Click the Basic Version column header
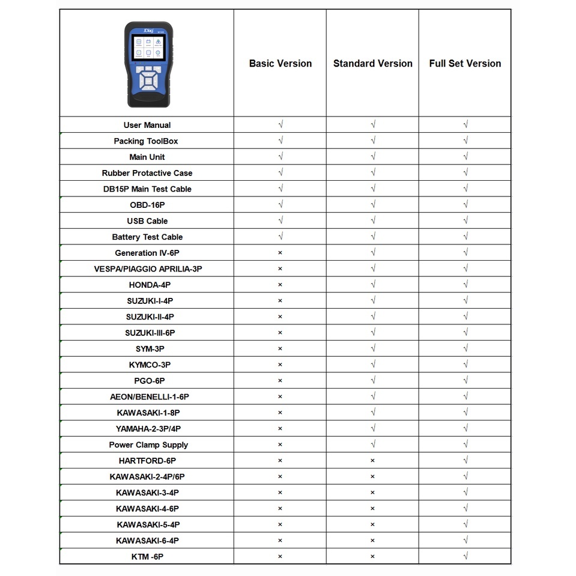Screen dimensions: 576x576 coord(280,63)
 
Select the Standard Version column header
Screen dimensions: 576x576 coord(372,63)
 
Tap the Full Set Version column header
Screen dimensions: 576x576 coord(465,63)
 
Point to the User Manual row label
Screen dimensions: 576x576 coord(147,125)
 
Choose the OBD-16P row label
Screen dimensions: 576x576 coord(147,205)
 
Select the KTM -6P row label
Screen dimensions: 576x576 coord(147,556)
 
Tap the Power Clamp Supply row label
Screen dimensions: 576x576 coord(148,444)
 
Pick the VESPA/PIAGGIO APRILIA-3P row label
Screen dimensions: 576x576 coord(148,268)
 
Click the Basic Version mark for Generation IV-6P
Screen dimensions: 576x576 coord(280,253)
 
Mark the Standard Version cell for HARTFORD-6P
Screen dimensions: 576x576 coord(372,461)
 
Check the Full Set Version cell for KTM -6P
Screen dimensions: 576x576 coord(465,556)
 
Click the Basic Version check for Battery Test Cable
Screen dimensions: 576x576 coord(280,237)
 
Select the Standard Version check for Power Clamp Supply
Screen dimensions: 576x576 coord(373,444)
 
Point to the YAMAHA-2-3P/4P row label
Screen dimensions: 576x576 coord(148,428)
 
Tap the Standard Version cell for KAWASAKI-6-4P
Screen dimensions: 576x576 coord(372,541)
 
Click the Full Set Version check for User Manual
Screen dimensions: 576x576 coord(465,125)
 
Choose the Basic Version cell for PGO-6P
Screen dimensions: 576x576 coord(280,381)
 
